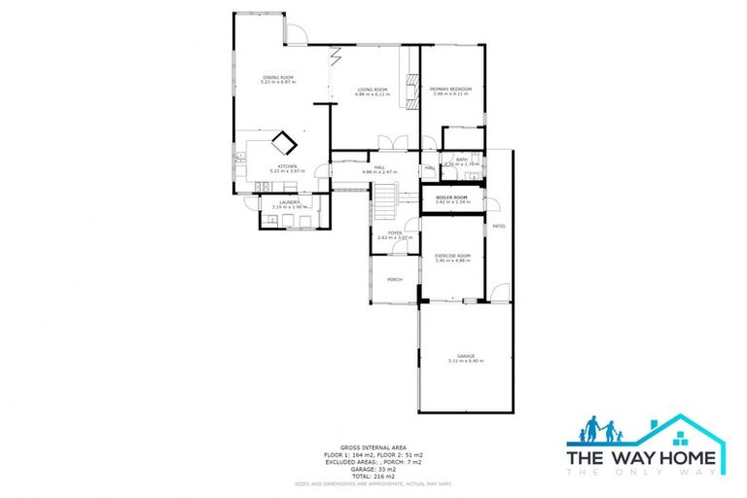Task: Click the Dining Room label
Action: point(278,78)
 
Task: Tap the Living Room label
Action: point(372,89)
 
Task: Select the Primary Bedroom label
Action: point(450,89)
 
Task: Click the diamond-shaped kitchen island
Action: point(284,144)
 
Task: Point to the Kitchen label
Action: point(287,167)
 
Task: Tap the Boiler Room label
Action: point(452,197)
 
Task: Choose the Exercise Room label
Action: point(452,256)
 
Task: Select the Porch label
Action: point(395,280)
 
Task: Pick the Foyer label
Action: point(395,232)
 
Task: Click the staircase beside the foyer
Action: point(387,201)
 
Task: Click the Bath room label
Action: point(462,160)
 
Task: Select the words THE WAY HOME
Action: point(641,456)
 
